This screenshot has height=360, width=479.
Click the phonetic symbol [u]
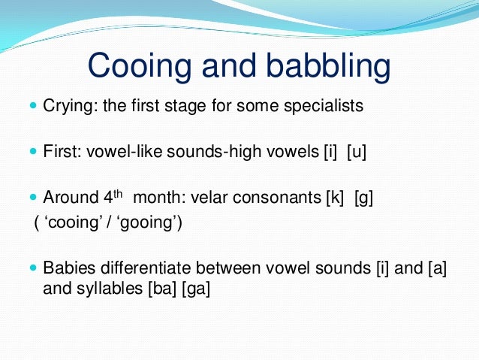pyautogui.click(x=356, y=152)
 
